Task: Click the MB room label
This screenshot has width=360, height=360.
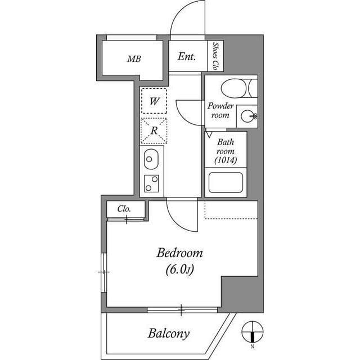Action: (134, 58)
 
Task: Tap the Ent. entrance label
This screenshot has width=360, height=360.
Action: (187, 56)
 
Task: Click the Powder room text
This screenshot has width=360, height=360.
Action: (220, 110)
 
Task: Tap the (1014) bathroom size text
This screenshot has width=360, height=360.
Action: (226, 161)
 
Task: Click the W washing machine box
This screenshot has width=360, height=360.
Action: (154, 102)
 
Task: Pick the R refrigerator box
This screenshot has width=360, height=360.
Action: (154, 130)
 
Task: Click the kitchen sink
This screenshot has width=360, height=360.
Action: (151, 160)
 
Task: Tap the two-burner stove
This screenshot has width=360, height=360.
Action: (151, 183)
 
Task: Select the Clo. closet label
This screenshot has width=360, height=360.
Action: (124, 209)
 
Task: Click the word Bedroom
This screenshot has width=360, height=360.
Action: (179, 253)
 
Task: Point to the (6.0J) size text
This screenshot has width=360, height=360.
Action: (179, 270)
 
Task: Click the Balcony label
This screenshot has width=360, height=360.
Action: (169, 333)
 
